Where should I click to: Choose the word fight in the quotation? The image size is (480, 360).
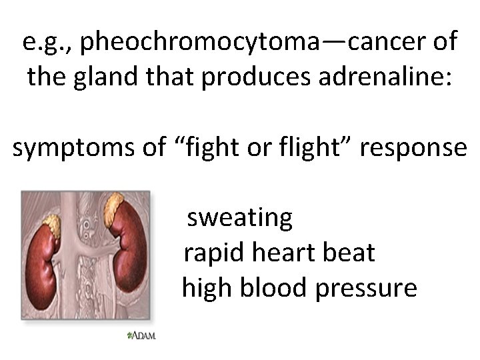pyautogui.click(x=220, y=147)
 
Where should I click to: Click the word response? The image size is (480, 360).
pyautogui.click(x=413, y=148)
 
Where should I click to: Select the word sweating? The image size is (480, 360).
pyautogui.click(x=240, y=218)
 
